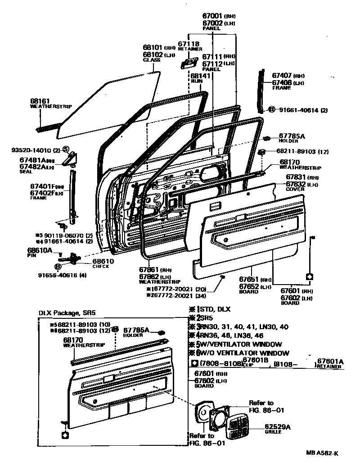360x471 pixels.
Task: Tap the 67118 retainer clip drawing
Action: pos(189,62)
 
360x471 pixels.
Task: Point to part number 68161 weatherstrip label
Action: pos(40,101)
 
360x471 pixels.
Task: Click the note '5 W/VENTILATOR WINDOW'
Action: pos(241,344)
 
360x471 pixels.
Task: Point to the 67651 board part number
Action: pos(249,280)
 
